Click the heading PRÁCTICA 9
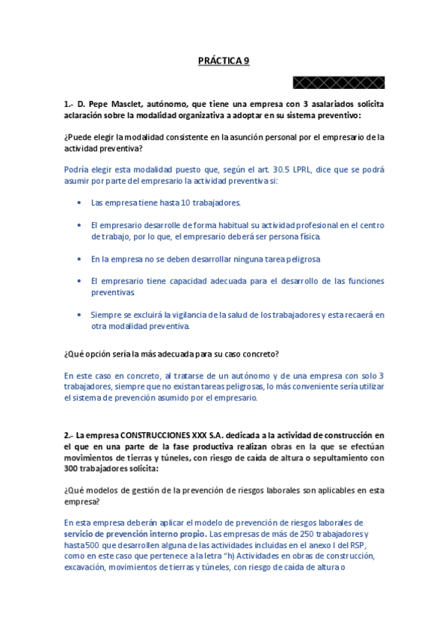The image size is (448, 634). tap(224, 61)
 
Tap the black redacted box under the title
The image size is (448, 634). tap(339, 82)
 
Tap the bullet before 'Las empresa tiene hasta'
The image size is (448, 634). tap(80, 203)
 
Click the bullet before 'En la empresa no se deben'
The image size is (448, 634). tap(80, 259)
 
